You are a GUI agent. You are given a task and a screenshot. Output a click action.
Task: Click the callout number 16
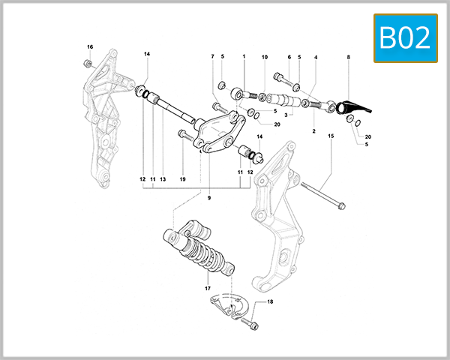[x=90, y=47]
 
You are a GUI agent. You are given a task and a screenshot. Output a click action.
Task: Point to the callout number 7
[x=212, y=56]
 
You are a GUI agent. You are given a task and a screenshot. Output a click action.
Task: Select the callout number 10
[x=264, y=57]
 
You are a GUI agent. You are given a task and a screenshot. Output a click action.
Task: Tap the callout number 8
[x=348, y=57]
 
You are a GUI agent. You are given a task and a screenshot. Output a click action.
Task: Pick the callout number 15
[x=329, y=136]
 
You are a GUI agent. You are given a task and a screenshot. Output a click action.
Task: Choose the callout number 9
[x=210, y=198]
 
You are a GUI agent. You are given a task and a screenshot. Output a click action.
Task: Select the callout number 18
[x=271, y=301]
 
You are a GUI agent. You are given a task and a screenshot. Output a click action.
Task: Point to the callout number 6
[x=289, y=57]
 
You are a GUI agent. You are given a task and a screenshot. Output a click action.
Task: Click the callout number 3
[x=286, y=115]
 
